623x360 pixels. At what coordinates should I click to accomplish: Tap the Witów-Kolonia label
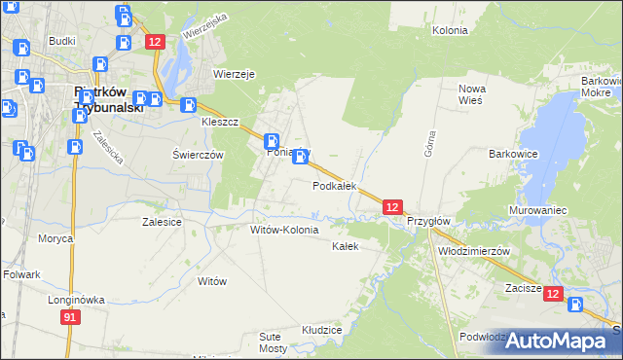point(284,231)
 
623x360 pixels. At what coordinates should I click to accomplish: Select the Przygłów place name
point(427,221)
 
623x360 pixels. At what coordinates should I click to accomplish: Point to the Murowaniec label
point(538,210)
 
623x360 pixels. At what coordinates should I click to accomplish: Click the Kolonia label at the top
point(450,30)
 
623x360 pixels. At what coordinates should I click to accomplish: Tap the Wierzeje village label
point(234,74)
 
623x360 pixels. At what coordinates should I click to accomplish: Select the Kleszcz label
point(220,125)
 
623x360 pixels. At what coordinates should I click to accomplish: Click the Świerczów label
point(198,156)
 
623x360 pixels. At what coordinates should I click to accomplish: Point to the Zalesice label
point(162,222)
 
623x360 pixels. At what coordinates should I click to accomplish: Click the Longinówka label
point(76,300)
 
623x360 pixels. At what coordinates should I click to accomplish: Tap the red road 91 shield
point(69,318)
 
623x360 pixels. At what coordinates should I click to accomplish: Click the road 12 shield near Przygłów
point(391,207)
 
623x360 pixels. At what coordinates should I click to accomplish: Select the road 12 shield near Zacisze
point(553,294)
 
